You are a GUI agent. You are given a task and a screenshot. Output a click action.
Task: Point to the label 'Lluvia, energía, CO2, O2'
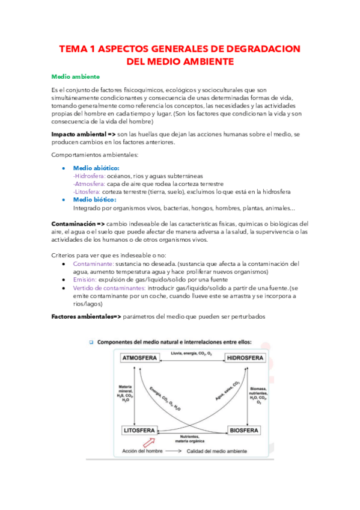click(192, 354)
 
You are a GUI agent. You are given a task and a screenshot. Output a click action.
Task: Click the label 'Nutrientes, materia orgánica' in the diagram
click(192, 439)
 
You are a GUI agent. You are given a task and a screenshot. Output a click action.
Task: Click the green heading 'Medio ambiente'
click(75, 77)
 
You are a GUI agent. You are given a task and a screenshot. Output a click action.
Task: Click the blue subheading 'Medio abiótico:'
click(96, 168)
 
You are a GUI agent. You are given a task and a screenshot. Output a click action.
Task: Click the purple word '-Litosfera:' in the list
click(87, 192)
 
